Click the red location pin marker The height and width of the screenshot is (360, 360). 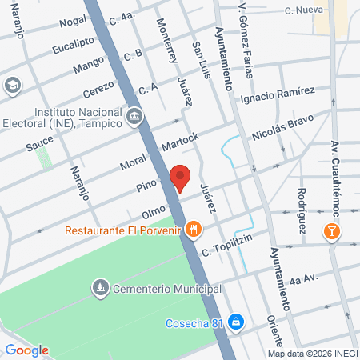[179, 178]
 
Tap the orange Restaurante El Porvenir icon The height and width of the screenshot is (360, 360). [193, 230]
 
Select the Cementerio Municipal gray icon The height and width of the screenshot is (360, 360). [100, 286]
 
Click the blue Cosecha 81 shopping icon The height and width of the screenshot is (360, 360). [235, 322]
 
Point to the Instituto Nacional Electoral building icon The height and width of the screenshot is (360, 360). [134, 118]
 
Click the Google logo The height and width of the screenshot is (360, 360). [26, 350]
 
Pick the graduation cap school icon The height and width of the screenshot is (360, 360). [12, 85]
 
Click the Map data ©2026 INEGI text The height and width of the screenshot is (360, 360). [312, 353]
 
